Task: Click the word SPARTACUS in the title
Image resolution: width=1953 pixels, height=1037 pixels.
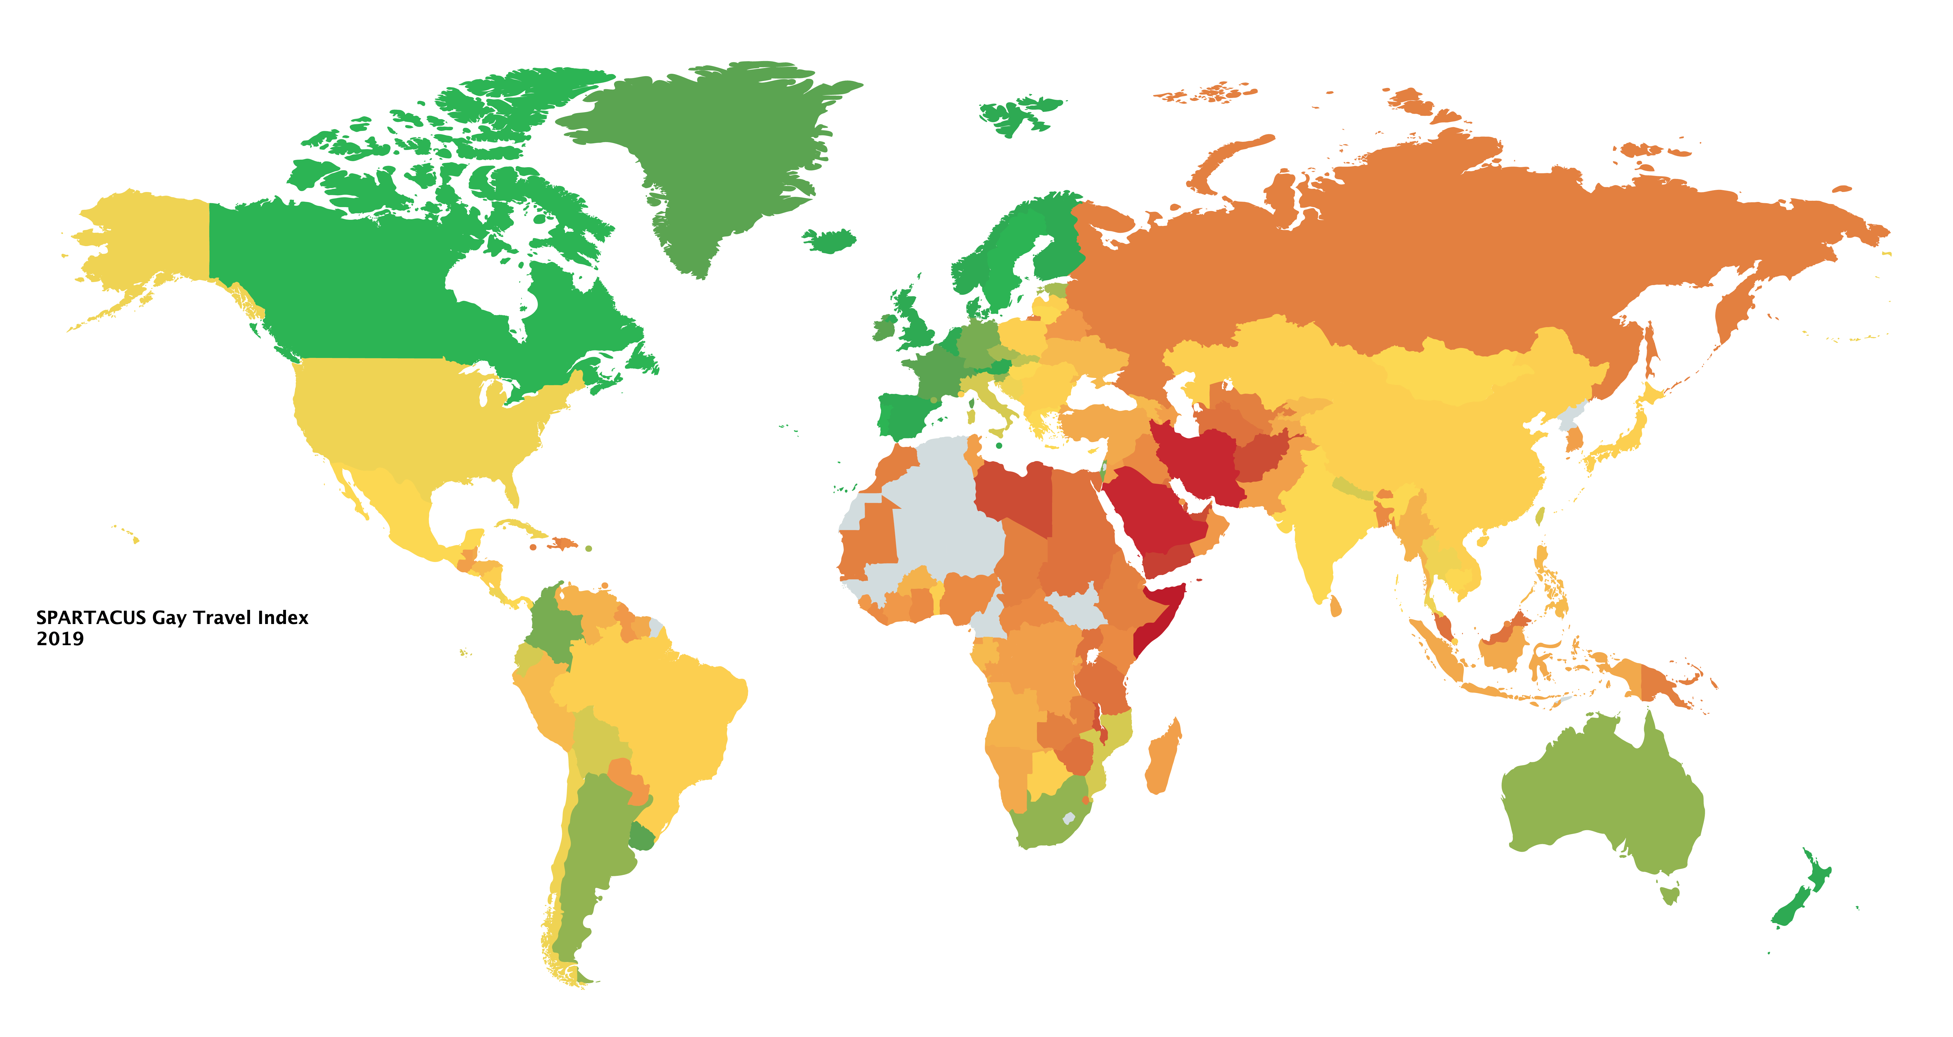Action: pyautogui.click(x=91, y=618)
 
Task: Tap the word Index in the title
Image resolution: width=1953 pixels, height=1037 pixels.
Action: pyautogui.click(x=283, y=618)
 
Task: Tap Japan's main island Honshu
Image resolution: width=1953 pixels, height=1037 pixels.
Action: pyautogui.click(x=1623, y=440)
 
